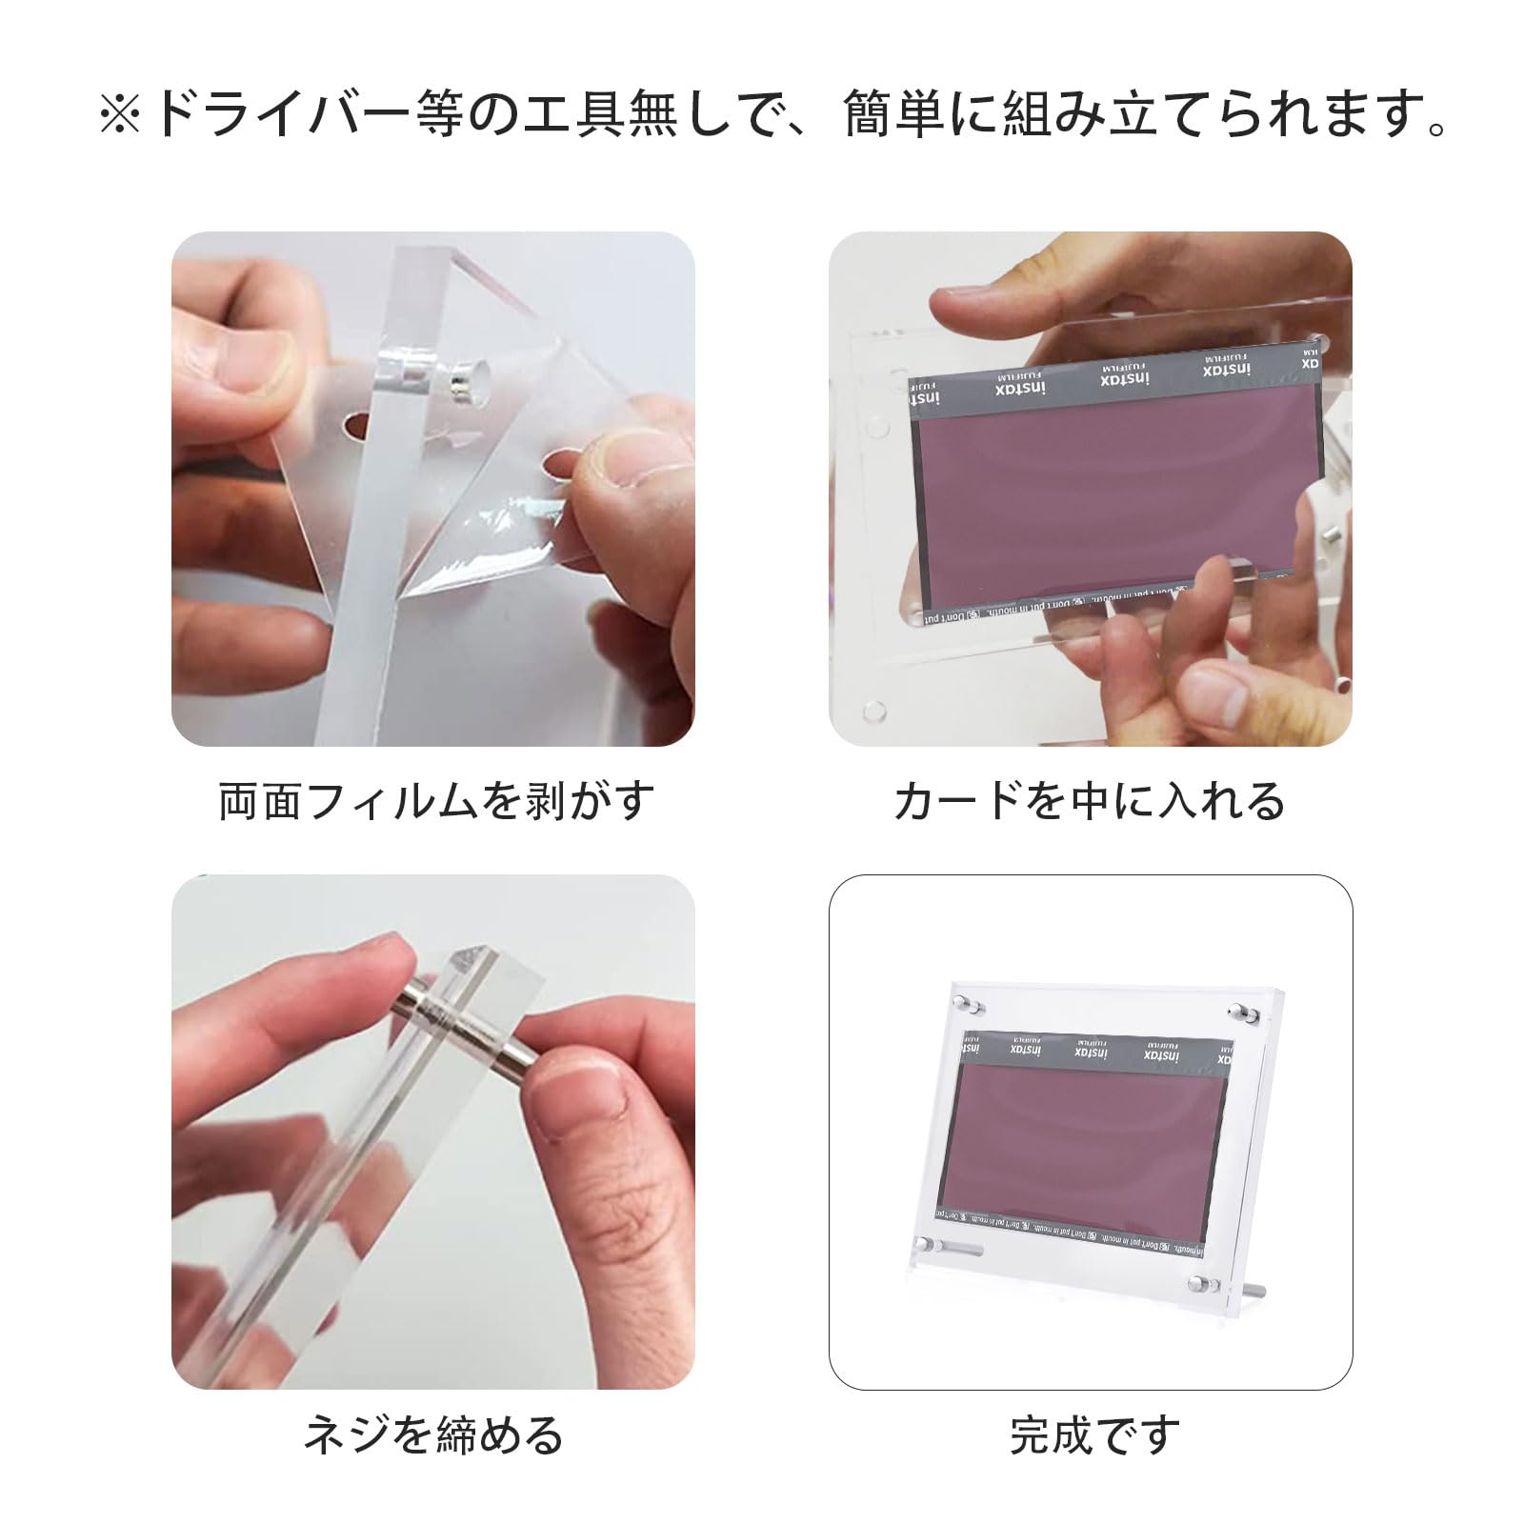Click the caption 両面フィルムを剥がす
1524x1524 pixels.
[437, 801]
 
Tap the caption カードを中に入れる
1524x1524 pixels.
[1090, 801]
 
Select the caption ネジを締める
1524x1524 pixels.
[433, 1434]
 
